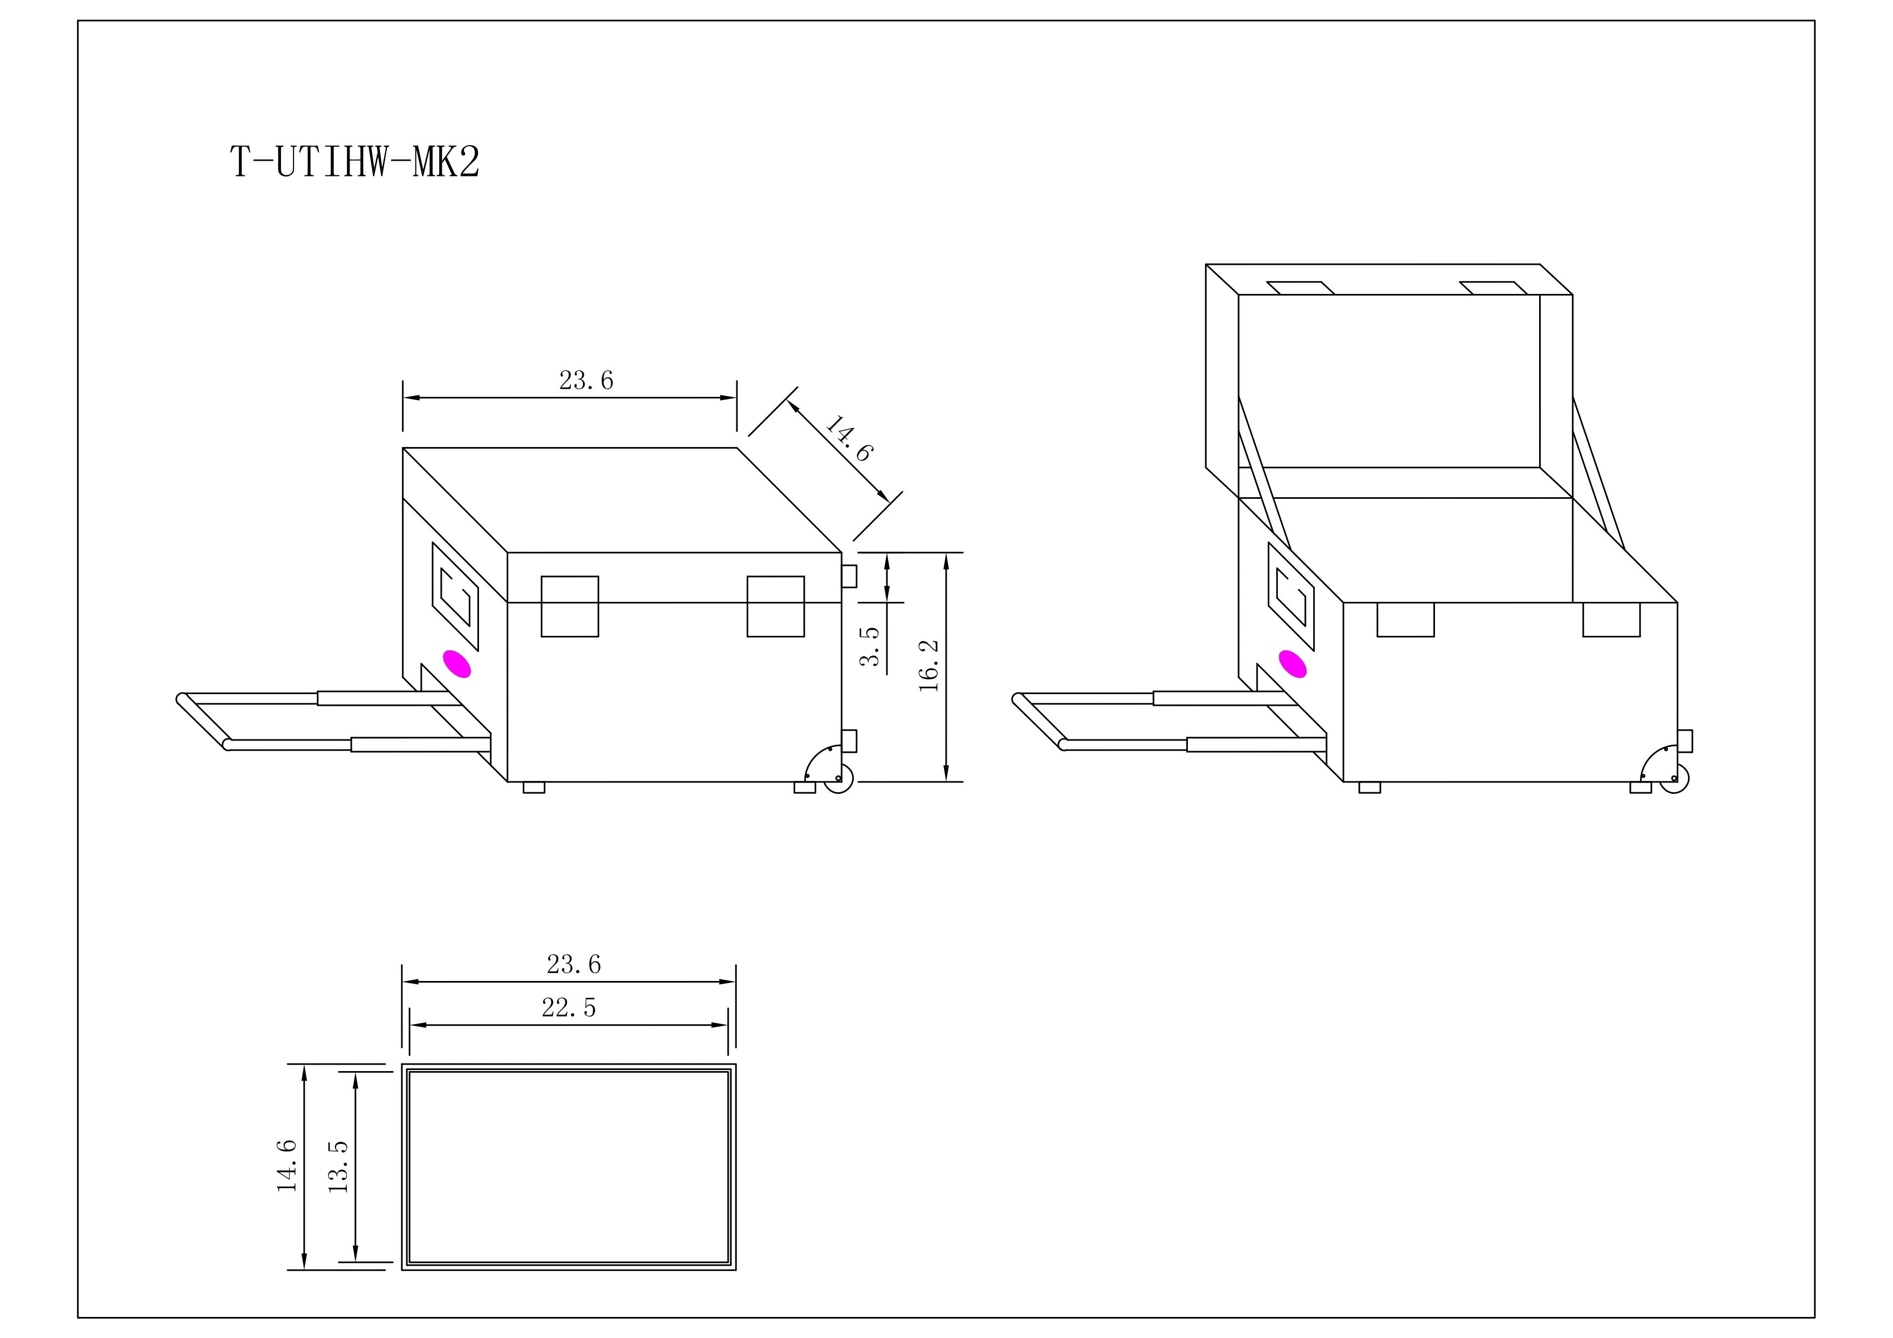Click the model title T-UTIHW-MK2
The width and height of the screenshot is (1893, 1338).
[354, 162]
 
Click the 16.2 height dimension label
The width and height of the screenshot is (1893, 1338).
[929, 665]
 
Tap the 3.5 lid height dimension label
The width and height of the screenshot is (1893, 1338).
[870, 646]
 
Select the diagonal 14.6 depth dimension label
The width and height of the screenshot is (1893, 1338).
[849, 438]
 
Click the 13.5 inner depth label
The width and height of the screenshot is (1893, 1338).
[338, 1167]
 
